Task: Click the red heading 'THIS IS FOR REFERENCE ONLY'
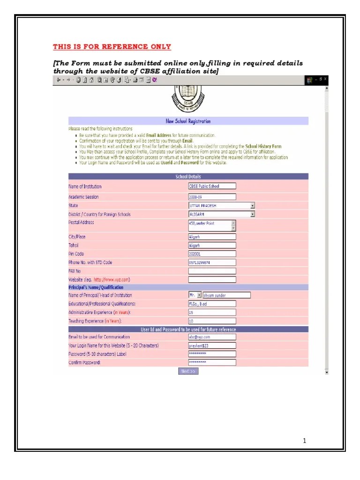(112, 47)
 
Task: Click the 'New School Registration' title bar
(188, 121)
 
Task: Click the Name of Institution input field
(212, 186)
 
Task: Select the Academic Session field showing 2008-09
(212, 197)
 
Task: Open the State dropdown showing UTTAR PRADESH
(221, 206)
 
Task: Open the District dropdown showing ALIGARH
(221, 214)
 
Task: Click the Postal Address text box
(210, 225)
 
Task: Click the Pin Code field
(212, 254)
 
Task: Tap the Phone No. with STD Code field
(212, 262)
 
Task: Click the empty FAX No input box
(212, 271)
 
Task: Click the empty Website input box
(212, 279)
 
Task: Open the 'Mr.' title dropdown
(195, 295)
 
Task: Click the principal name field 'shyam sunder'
(226, 295)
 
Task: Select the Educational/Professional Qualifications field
(212, 303)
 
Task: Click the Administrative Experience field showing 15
(212, 312)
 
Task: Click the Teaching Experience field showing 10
(212, 321)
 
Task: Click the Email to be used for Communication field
(212, 337)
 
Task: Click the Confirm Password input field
(212, 362)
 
